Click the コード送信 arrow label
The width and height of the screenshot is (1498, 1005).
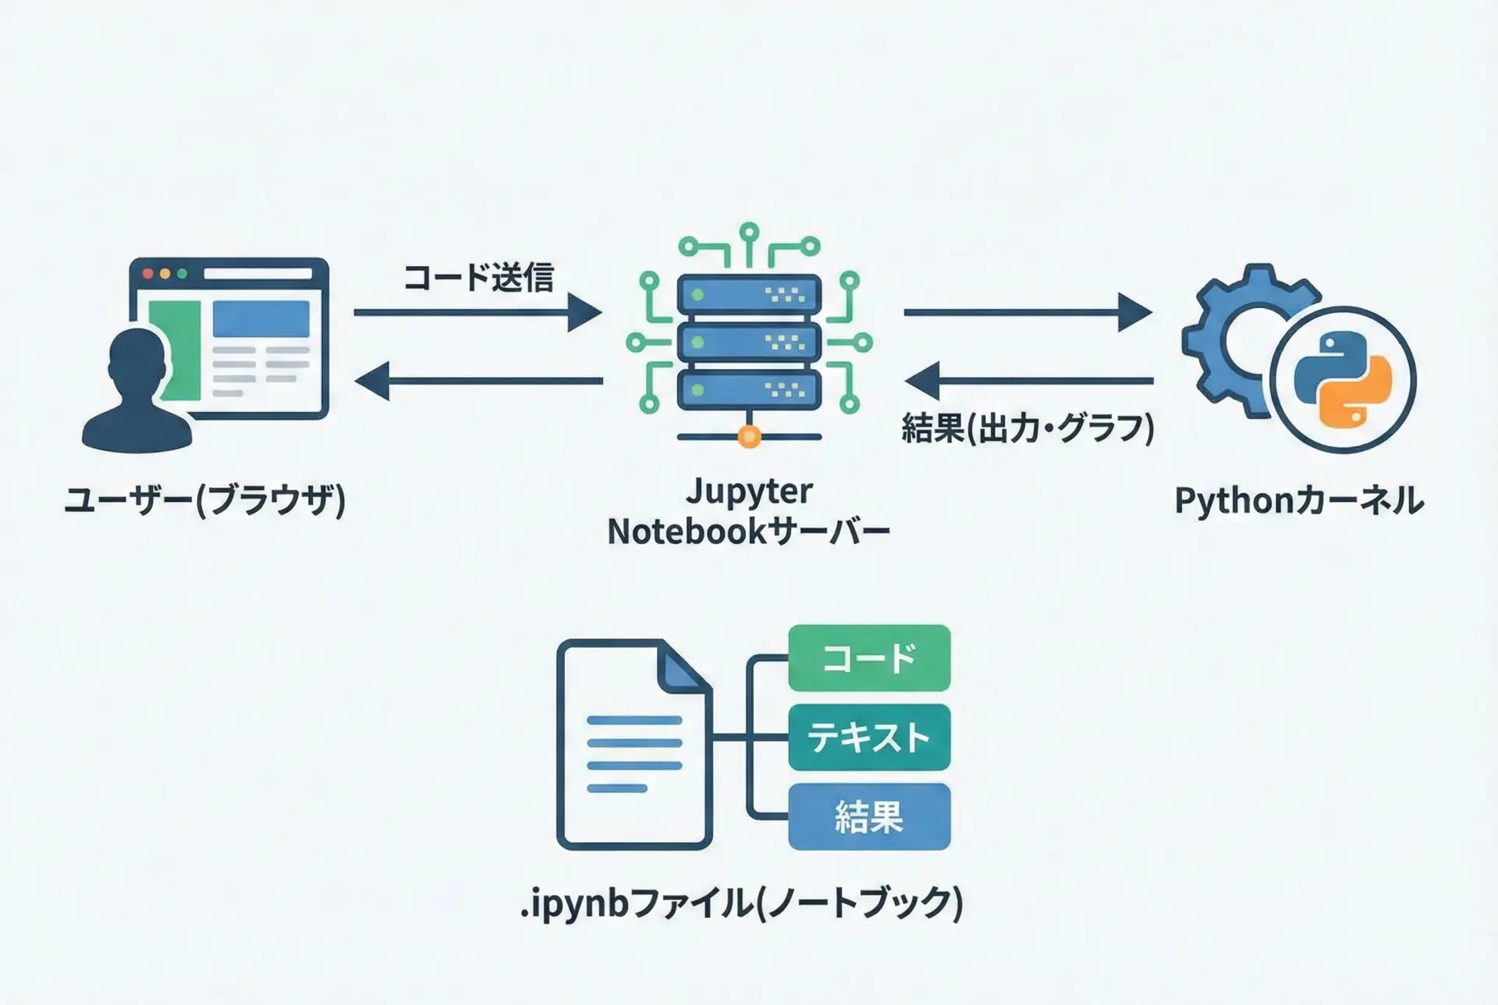(x=478, y=277)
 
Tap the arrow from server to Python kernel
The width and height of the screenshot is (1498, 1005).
(x=1027, y=313)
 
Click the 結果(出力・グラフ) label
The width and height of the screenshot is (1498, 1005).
(x=1028, y=428)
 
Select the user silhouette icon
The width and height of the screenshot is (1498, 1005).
(x=137, y=394)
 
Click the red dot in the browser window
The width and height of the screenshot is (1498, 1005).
(x=147, y=274)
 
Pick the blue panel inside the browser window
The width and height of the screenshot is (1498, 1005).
(x=261, y=319)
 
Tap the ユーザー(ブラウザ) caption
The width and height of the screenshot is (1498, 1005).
(x=204, y=500)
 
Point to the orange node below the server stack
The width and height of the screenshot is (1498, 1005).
(x=749, y=436)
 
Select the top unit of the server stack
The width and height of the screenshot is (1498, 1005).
(x=749, y=295)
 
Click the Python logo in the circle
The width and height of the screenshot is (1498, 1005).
(x=1343, y=380)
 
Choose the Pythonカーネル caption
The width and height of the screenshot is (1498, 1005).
(x=1299, y=501)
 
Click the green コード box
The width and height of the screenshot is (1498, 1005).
(x=869, y=658)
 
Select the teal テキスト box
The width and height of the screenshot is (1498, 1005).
(x=869, y=737)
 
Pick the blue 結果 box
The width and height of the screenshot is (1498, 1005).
(x=869, y=817)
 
